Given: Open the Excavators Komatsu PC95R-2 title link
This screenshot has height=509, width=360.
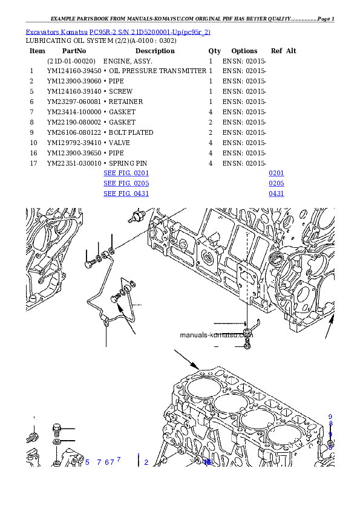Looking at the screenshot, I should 118,32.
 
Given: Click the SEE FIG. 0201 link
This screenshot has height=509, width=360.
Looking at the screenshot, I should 126,173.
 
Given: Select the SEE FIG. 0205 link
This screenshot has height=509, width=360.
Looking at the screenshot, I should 126,183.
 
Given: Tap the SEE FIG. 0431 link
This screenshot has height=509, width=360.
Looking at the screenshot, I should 126,193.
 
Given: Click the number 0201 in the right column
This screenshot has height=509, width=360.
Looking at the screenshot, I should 277,173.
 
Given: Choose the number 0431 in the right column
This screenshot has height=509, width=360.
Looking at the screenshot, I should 277,193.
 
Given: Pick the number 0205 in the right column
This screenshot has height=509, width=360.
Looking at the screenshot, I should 277,183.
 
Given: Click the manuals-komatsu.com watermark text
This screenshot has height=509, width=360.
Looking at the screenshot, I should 216,335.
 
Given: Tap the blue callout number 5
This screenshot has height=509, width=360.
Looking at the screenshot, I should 87,462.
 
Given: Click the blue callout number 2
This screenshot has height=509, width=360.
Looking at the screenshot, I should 146,462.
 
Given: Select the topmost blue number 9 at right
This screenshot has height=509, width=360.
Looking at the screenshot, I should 330,417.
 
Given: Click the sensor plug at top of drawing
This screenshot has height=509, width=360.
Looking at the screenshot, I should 139,215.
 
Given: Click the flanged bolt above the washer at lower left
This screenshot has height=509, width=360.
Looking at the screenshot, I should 57,429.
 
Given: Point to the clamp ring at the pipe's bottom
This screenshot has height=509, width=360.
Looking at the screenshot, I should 106,321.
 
